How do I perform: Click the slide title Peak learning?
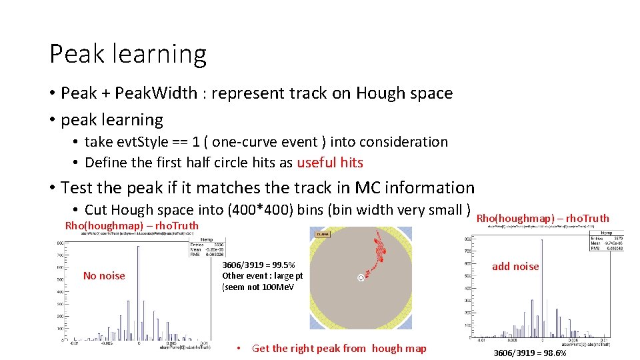point(128,53)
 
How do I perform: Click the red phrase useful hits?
point(330,163)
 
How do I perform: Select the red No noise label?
point(104,276)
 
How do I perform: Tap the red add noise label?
point(515,267)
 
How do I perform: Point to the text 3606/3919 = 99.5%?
point(259,265)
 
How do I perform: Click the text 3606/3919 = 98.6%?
point(529,353)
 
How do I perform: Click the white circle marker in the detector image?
point(361,277)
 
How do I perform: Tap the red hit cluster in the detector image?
point(380,250)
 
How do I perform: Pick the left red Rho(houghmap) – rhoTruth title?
point(131,225)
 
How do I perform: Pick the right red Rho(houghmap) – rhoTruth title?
point(543,218)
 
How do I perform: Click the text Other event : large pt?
point(262,276)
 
